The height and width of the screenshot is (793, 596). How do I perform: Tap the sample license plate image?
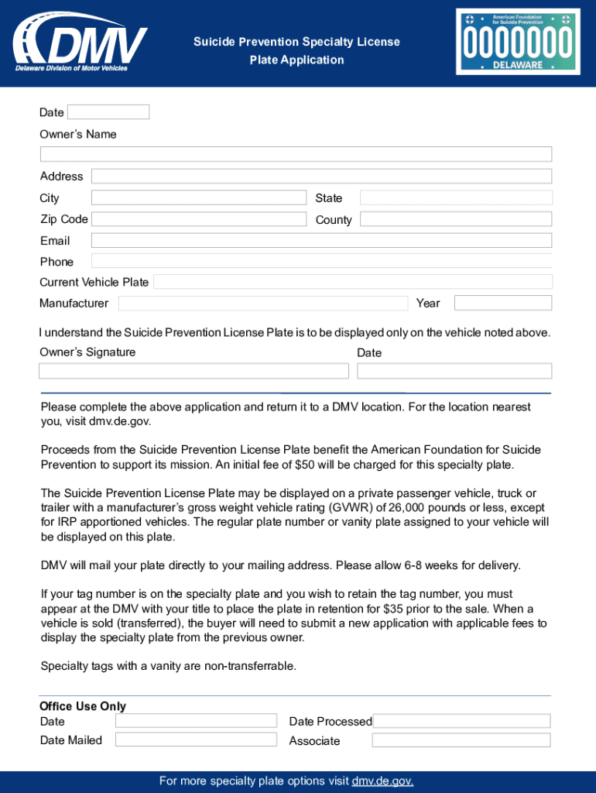point(516,42)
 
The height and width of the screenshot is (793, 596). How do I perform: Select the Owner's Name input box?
point(296,154)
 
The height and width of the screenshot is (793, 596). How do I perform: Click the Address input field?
point(320,177)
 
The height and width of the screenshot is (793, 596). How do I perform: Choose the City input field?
point(198,198)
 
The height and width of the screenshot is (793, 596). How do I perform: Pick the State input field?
point(456,198)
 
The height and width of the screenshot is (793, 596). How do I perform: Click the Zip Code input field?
point(198,219)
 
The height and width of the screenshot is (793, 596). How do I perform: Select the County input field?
point(456,219)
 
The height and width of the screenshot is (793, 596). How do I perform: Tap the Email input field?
point(320,240)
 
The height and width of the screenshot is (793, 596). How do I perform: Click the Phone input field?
point(320,261)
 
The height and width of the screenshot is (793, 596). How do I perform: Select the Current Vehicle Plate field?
point(352,282)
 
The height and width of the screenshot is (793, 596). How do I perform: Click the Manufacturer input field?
point(262,303)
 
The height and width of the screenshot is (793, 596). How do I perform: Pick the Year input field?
point(502,303)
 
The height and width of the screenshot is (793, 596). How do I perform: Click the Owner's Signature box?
point(194,371)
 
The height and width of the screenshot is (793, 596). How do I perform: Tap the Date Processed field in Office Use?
point(461,721)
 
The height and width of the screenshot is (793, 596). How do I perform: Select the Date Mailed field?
point(196,740)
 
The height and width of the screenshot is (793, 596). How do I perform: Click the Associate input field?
point(461,740)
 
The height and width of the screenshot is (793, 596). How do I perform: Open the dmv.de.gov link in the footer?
point(382,781)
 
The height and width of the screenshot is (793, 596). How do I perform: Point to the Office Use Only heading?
point(83,706)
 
